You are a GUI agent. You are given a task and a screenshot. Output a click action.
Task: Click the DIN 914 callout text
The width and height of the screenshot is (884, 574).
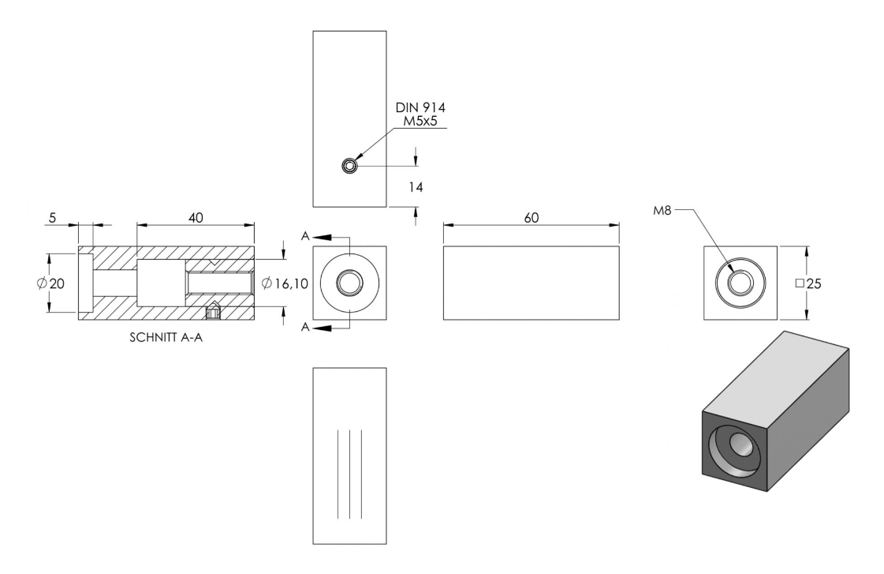[x=420, y=107]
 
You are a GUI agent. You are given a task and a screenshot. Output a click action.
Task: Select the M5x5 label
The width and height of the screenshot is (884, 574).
[x=420, y=121]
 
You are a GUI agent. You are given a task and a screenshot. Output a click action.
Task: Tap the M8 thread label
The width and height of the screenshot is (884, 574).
[x=662, y=211]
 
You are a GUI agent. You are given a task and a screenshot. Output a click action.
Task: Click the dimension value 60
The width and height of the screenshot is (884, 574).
[x=531, y=218]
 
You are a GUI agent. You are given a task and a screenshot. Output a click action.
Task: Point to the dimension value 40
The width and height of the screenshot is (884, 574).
[x=196, y=218]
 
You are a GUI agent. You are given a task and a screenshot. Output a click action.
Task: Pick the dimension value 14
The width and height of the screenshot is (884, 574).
[x=416, y=187]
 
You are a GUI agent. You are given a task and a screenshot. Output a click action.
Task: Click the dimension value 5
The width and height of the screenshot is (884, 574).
[x=52, y=218]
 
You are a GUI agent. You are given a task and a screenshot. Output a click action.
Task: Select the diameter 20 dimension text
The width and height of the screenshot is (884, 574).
[x=50, y=283]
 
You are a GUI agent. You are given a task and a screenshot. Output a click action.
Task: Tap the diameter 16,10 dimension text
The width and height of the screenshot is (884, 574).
[x=285, y=283]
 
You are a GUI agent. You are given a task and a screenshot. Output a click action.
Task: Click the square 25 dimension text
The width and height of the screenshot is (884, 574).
[x=808, y=283]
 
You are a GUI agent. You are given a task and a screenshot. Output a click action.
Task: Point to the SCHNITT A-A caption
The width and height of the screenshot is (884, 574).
[x=166, y=337]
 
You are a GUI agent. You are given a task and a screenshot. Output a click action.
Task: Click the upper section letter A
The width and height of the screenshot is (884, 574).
[x=305, y=236]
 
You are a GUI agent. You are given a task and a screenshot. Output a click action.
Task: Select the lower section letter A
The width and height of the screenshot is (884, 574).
[x=305, y=327]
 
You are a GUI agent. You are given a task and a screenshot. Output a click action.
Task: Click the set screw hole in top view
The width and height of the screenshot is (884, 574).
[x=349, y=166]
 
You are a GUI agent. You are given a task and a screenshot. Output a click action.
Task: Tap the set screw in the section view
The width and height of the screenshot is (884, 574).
[x=213, y=312]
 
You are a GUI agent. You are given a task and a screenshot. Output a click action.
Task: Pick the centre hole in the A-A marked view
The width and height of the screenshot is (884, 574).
[x=349, y=282]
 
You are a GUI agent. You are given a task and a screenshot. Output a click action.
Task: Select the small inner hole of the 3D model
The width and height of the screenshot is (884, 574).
[x=741, y=444]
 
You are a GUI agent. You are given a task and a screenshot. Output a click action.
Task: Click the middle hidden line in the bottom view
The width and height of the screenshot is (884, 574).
[x=349, y=474]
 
